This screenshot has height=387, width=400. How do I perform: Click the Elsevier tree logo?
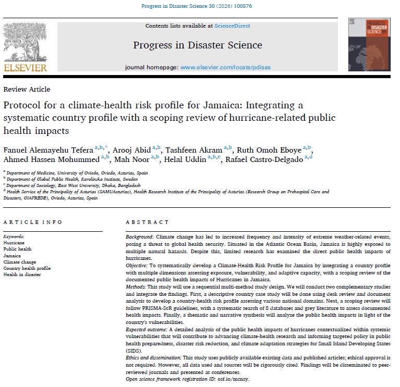(25, 41)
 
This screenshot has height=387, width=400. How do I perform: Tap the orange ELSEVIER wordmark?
(25, 68)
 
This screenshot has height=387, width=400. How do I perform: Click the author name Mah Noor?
(135, 159)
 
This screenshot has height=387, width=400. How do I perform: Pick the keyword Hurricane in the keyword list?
(14, 243)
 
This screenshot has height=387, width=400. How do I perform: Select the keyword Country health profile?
(27, 268)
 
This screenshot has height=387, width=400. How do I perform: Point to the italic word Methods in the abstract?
(136, 287)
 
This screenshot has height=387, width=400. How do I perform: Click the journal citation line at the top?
(200, 6)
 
